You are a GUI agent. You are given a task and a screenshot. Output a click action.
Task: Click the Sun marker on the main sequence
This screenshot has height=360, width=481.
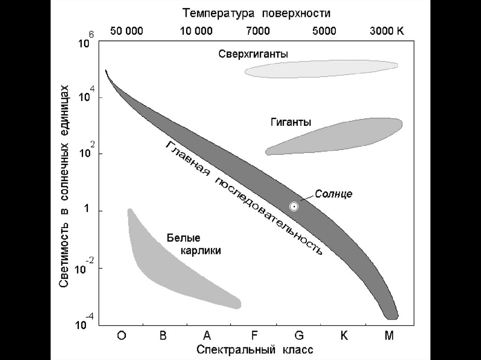(x=294, y=206)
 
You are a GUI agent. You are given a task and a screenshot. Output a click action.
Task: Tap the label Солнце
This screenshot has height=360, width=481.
(x=334, y=193)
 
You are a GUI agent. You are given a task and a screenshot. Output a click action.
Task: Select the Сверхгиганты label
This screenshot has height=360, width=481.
(x=254, y=54)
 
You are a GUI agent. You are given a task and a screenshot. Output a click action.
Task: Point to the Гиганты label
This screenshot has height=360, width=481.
(x=291, y=123)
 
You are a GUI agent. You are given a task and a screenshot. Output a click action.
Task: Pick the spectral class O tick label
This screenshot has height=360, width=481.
(x=122, y=336)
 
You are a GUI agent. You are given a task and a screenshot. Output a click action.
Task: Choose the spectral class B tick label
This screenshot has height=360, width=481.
(x=163, y=336)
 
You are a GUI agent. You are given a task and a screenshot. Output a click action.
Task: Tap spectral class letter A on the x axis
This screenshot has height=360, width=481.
(x=207, y=336)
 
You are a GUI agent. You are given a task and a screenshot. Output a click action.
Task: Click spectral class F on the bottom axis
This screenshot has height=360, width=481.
(x=254, y=336)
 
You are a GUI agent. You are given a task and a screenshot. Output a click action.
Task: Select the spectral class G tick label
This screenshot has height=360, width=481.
(x=299, y=336)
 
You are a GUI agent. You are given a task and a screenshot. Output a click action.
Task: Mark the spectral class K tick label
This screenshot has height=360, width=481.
(x=344, y=336)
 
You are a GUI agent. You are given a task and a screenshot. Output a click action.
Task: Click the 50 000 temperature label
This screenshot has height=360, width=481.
(x=127, y=31)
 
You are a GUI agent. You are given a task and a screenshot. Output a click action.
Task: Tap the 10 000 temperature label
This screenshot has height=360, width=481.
(x=196, y=31)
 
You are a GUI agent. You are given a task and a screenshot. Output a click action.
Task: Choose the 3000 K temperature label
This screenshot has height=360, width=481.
(x=387, y=31)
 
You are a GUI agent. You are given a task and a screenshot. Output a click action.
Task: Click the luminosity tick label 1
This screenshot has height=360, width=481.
(x=87, y=211)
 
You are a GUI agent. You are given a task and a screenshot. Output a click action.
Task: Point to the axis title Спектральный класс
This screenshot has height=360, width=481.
(x=255, y=350)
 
